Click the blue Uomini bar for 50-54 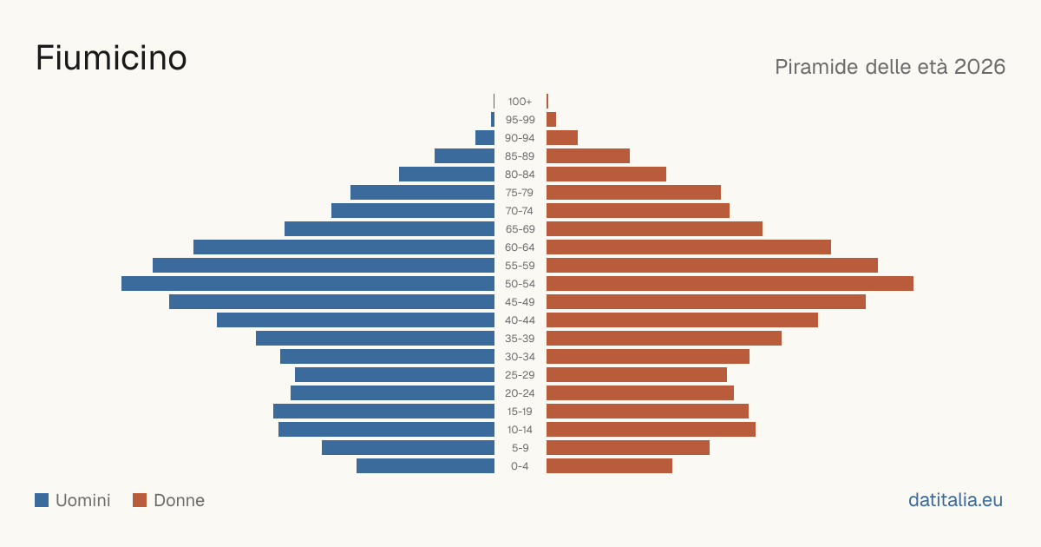click(308, 284)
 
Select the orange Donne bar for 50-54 click(730, 284)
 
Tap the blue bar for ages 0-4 click(425, 466)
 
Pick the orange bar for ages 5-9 click(628, 448)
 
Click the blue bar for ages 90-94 click(485, 138)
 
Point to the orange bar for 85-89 click(588, 155)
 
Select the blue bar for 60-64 click(344, 247)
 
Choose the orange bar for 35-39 click(664, 338)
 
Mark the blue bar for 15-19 click(383, 412)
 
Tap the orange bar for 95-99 click(551, 120)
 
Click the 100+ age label click(520, 102)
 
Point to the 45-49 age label click(520, 302)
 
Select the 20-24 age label click(520, 393)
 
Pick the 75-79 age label click(520, 193)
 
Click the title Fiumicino click(111, 58)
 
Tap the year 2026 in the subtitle click(979, 67)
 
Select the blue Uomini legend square click(42, 500)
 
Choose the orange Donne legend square click(140, 500)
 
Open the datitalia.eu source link click(955, 500)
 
